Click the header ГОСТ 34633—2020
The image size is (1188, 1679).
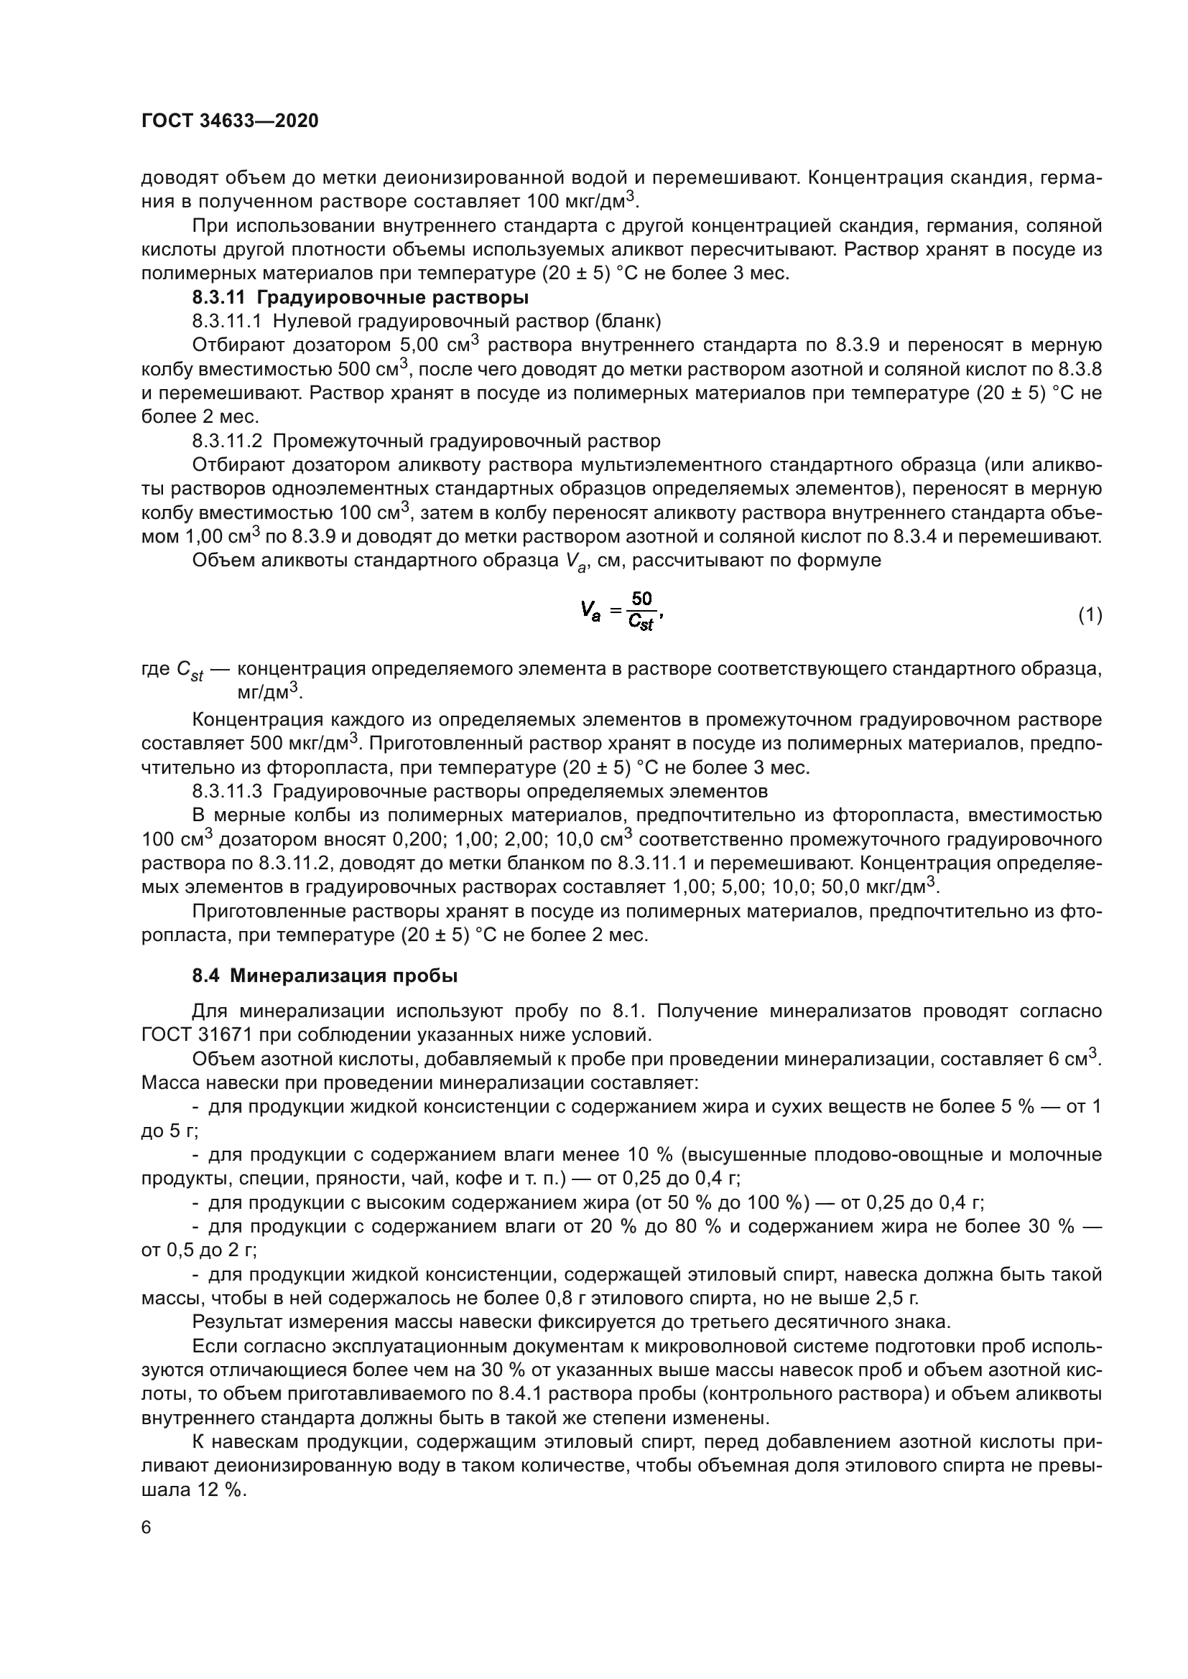(230, 121)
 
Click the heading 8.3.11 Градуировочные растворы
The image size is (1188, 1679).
(360, 298)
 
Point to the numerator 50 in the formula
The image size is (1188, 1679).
(641, 599)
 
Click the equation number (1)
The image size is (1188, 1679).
(1090, 615)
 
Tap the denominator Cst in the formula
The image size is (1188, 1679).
(641, 623)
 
